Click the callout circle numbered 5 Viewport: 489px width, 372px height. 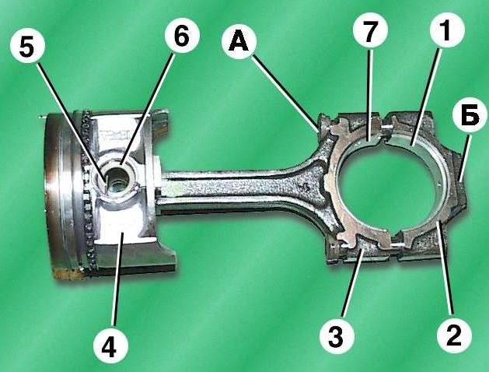point(26,46)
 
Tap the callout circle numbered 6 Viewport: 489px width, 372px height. point(181,37)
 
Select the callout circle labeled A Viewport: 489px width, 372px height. point(239,41)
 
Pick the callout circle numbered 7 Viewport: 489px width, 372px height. point(370,30)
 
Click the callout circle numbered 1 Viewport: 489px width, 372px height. point(447,30)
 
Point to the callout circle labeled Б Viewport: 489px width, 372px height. point(470,115)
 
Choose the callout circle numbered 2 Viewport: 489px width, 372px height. point(454,336)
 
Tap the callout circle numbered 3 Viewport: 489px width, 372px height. point(337,336)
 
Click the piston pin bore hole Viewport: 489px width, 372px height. point(117,181)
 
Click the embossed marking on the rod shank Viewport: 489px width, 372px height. point(304,187)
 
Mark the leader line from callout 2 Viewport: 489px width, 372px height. point(445,271)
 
